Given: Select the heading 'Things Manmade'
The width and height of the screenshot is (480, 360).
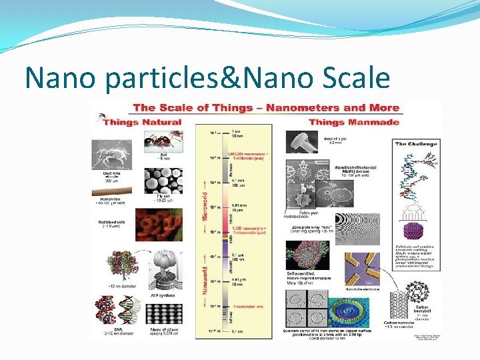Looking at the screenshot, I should point(354,122).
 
